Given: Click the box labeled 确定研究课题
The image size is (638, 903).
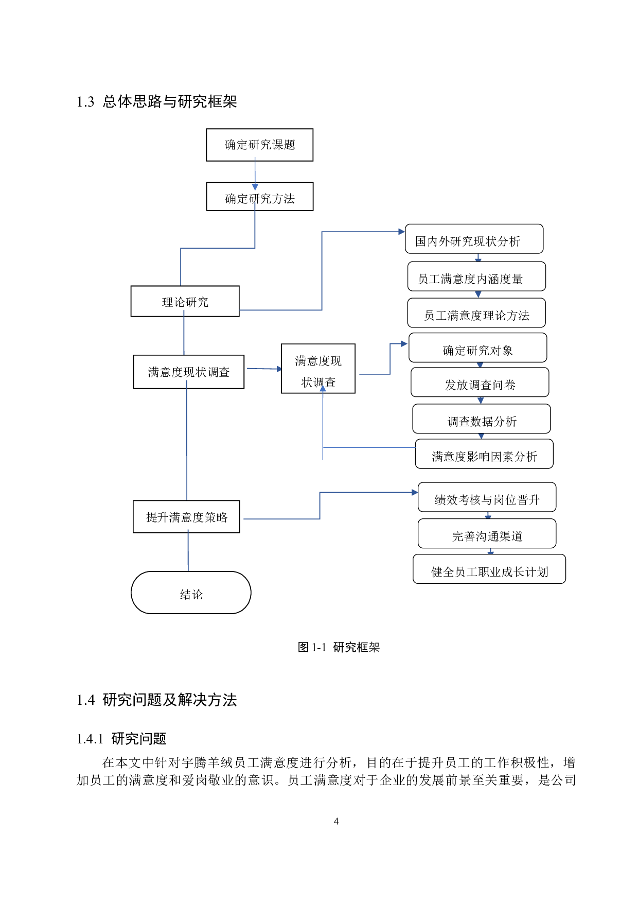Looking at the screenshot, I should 259,145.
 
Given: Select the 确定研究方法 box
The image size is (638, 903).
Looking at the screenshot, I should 259,197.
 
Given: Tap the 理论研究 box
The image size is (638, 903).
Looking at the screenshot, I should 185,301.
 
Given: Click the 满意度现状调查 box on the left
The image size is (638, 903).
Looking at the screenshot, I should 188,372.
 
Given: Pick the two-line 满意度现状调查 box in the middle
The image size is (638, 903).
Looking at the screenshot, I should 318,369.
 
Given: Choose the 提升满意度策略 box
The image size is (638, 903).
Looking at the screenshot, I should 186,516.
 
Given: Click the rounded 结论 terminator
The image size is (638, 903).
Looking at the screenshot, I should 191,593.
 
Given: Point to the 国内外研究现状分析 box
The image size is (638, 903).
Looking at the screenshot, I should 474,239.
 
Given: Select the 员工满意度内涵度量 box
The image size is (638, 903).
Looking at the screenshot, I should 476,276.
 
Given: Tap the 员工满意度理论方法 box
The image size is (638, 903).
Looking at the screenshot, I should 476,313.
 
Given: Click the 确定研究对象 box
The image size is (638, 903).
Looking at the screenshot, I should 477,348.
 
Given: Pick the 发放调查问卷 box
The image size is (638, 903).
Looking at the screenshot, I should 480,383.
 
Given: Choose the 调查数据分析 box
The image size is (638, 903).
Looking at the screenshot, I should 482,419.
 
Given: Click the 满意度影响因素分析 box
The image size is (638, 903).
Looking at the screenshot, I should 484,454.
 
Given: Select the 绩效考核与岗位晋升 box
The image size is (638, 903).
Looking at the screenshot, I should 487,497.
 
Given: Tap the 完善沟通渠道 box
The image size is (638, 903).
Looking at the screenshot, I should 487,534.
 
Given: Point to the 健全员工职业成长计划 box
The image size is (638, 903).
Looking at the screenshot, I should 489,569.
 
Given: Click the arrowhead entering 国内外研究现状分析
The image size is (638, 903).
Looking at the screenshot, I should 402,232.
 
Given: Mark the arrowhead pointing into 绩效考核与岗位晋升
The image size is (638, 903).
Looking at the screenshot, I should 415,493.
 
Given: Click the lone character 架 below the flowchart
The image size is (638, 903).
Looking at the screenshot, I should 374,647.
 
